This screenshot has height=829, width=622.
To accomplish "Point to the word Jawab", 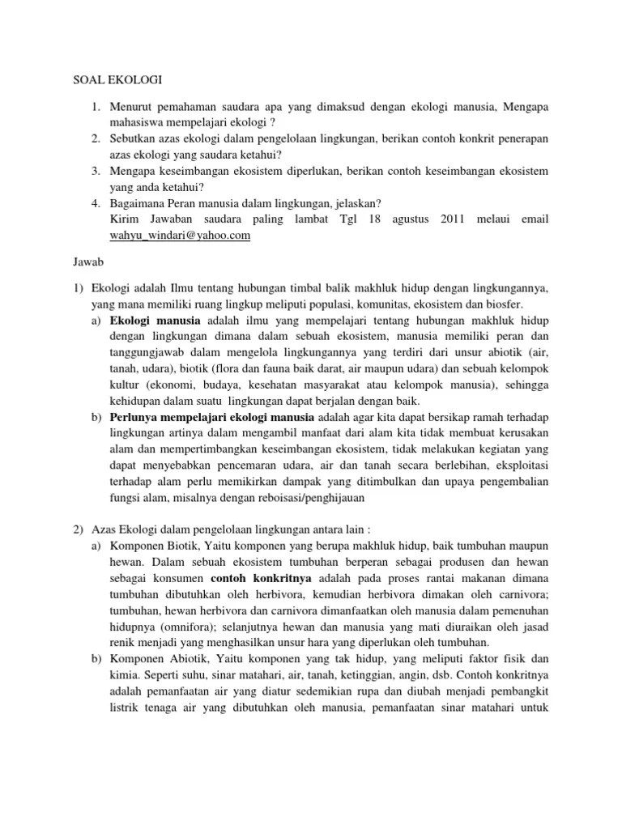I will (79, 263).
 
